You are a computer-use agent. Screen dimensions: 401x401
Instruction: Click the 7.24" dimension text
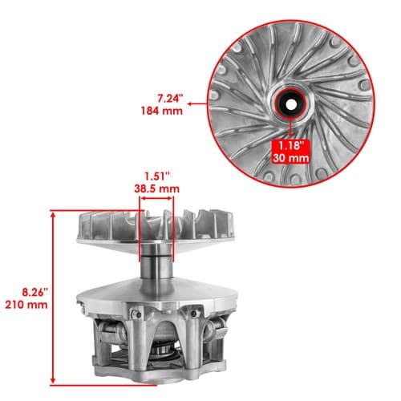tap(169, 99)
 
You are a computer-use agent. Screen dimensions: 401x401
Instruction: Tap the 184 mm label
tap(162, 111)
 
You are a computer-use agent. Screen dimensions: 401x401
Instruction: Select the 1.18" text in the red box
tap(291, 146)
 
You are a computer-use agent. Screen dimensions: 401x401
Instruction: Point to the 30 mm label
tap(291, 158)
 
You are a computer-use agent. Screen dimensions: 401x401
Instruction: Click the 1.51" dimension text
tap(157, 176)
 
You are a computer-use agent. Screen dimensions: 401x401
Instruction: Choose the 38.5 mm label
tap(156, 188)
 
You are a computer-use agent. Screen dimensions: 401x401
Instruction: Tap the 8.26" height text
tap(34, 293)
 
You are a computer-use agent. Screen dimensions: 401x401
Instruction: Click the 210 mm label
tap(26, 305)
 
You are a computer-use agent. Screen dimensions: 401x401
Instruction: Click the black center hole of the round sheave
tap(291, 104)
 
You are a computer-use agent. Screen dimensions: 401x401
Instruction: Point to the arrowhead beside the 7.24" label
tap(190, 104)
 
